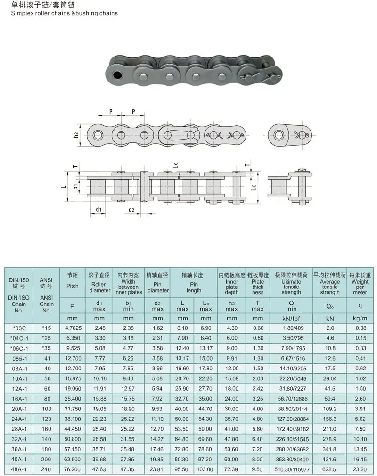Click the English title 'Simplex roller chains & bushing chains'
[61, 13]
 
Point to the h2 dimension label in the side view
[76, 135]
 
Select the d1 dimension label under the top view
[98, 209]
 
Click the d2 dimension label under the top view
[131, 209]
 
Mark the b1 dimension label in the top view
[75, 187]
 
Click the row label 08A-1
[20, 368]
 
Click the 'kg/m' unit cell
[360, 318]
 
